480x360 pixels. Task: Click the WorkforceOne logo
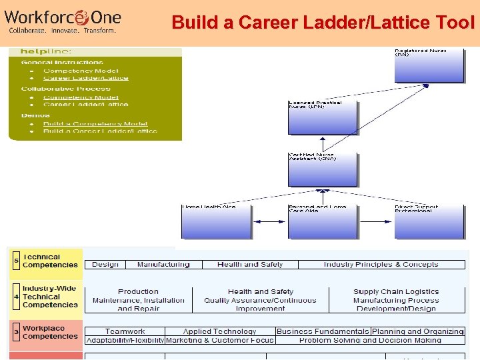pyautogui.click(x=63, y=20)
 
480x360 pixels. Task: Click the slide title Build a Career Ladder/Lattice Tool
pyautogui.click(x=323, y=22)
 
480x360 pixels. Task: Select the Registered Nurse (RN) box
pyautogui.click(x=429, y=64)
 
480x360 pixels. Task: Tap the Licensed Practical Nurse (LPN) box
pyautogui.click(x=323, y=117)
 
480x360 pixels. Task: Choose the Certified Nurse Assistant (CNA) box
pyautogui.click(x=323, y=170)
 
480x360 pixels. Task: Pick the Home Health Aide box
pyautogui.click(x=216, y=221)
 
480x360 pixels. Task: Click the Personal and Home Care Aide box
pyautogui.click(x=323, y=221)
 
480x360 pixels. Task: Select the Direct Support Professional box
pyautogui.click(x=429, y=221)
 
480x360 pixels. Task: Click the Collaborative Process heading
pyautogui.click(x=65, y=89)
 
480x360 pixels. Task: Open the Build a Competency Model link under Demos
pyautogui.click(x=95, y=123)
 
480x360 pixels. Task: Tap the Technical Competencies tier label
pyautogui.click(x=50, y=261)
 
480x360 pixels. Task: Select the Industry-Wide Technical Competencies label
pyautogui.click(x=50, y=297)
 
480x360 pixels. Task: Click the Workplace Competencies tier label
pyautogui.click(x=50, y=332)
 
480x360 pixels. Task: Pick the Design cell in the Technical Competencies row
pyautogui.click(x=105, y=265)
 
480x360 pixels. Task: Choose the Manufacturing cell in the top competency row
pyautogui.click(x=163, y=265)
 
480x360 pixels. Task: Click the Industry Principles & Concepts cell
pyautogui.click(x=381, y=265)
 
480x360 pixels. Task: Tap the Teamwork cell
pyautogui.click(x=125, y=331)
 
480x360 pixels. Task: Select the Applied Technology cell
pyautogui.click(x=219, y=331)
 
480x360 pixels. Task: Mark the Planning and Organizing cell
pyautogui.click(x=418, y=331)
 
